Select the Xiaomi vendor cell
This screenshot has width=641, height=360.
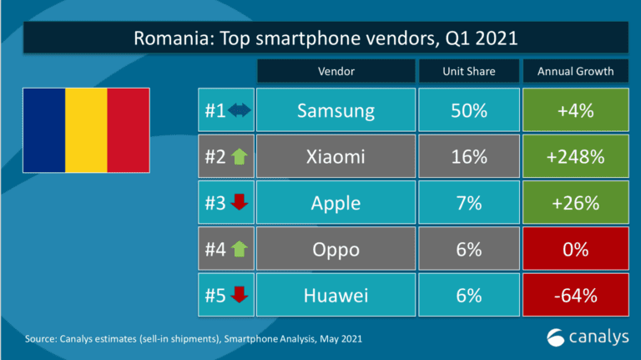tap(336, 157)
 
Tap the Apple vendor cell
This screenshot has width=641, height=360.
tap(336, 203)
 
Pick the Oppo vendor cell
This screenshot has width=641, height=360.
tap(336, 249)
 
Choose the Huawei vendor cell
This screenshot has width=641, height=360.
tap(336, 295)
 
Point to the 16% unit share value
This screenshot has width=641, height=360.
tap(468, 157)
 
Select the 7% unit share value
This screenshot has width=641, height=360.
tap(468, 203)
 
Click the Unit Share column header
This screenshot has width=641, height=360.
tap(468, 71)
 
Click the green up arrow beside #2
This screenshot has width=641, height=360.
tap(240, 157)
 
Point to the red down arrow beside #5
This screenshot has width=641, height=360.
tap(240, 296)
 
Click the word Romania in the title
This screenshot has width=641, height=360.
tap(166, 38)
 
